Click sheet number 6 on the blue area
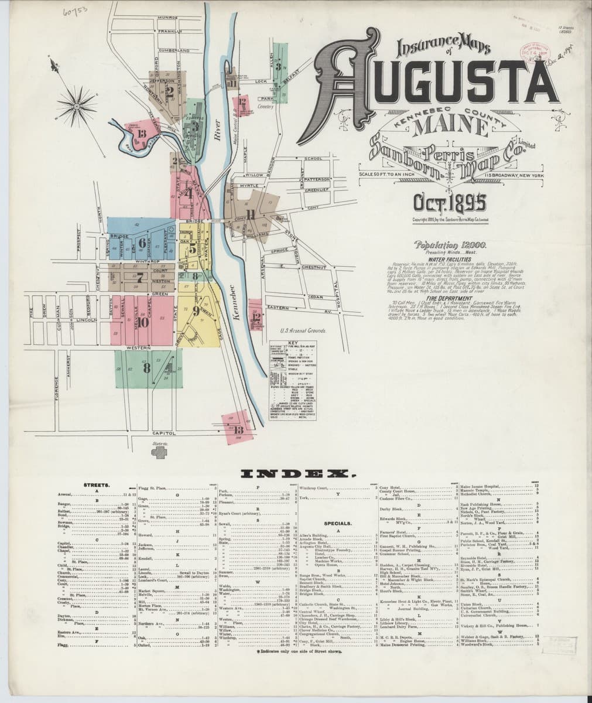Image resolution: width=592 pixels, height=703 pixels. pyautogui.click(x=142, y=242)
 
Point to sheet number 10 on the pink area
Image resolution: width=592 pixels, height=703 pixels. pyautogui.click(x=144, y=320)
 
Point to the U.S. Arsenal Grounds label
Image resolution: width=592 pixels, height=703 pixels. pyautogui.click(x=302, y=330)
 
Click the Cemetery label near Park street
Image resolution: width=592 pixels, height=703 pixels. pyautogui.click(x=266, y=107)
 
